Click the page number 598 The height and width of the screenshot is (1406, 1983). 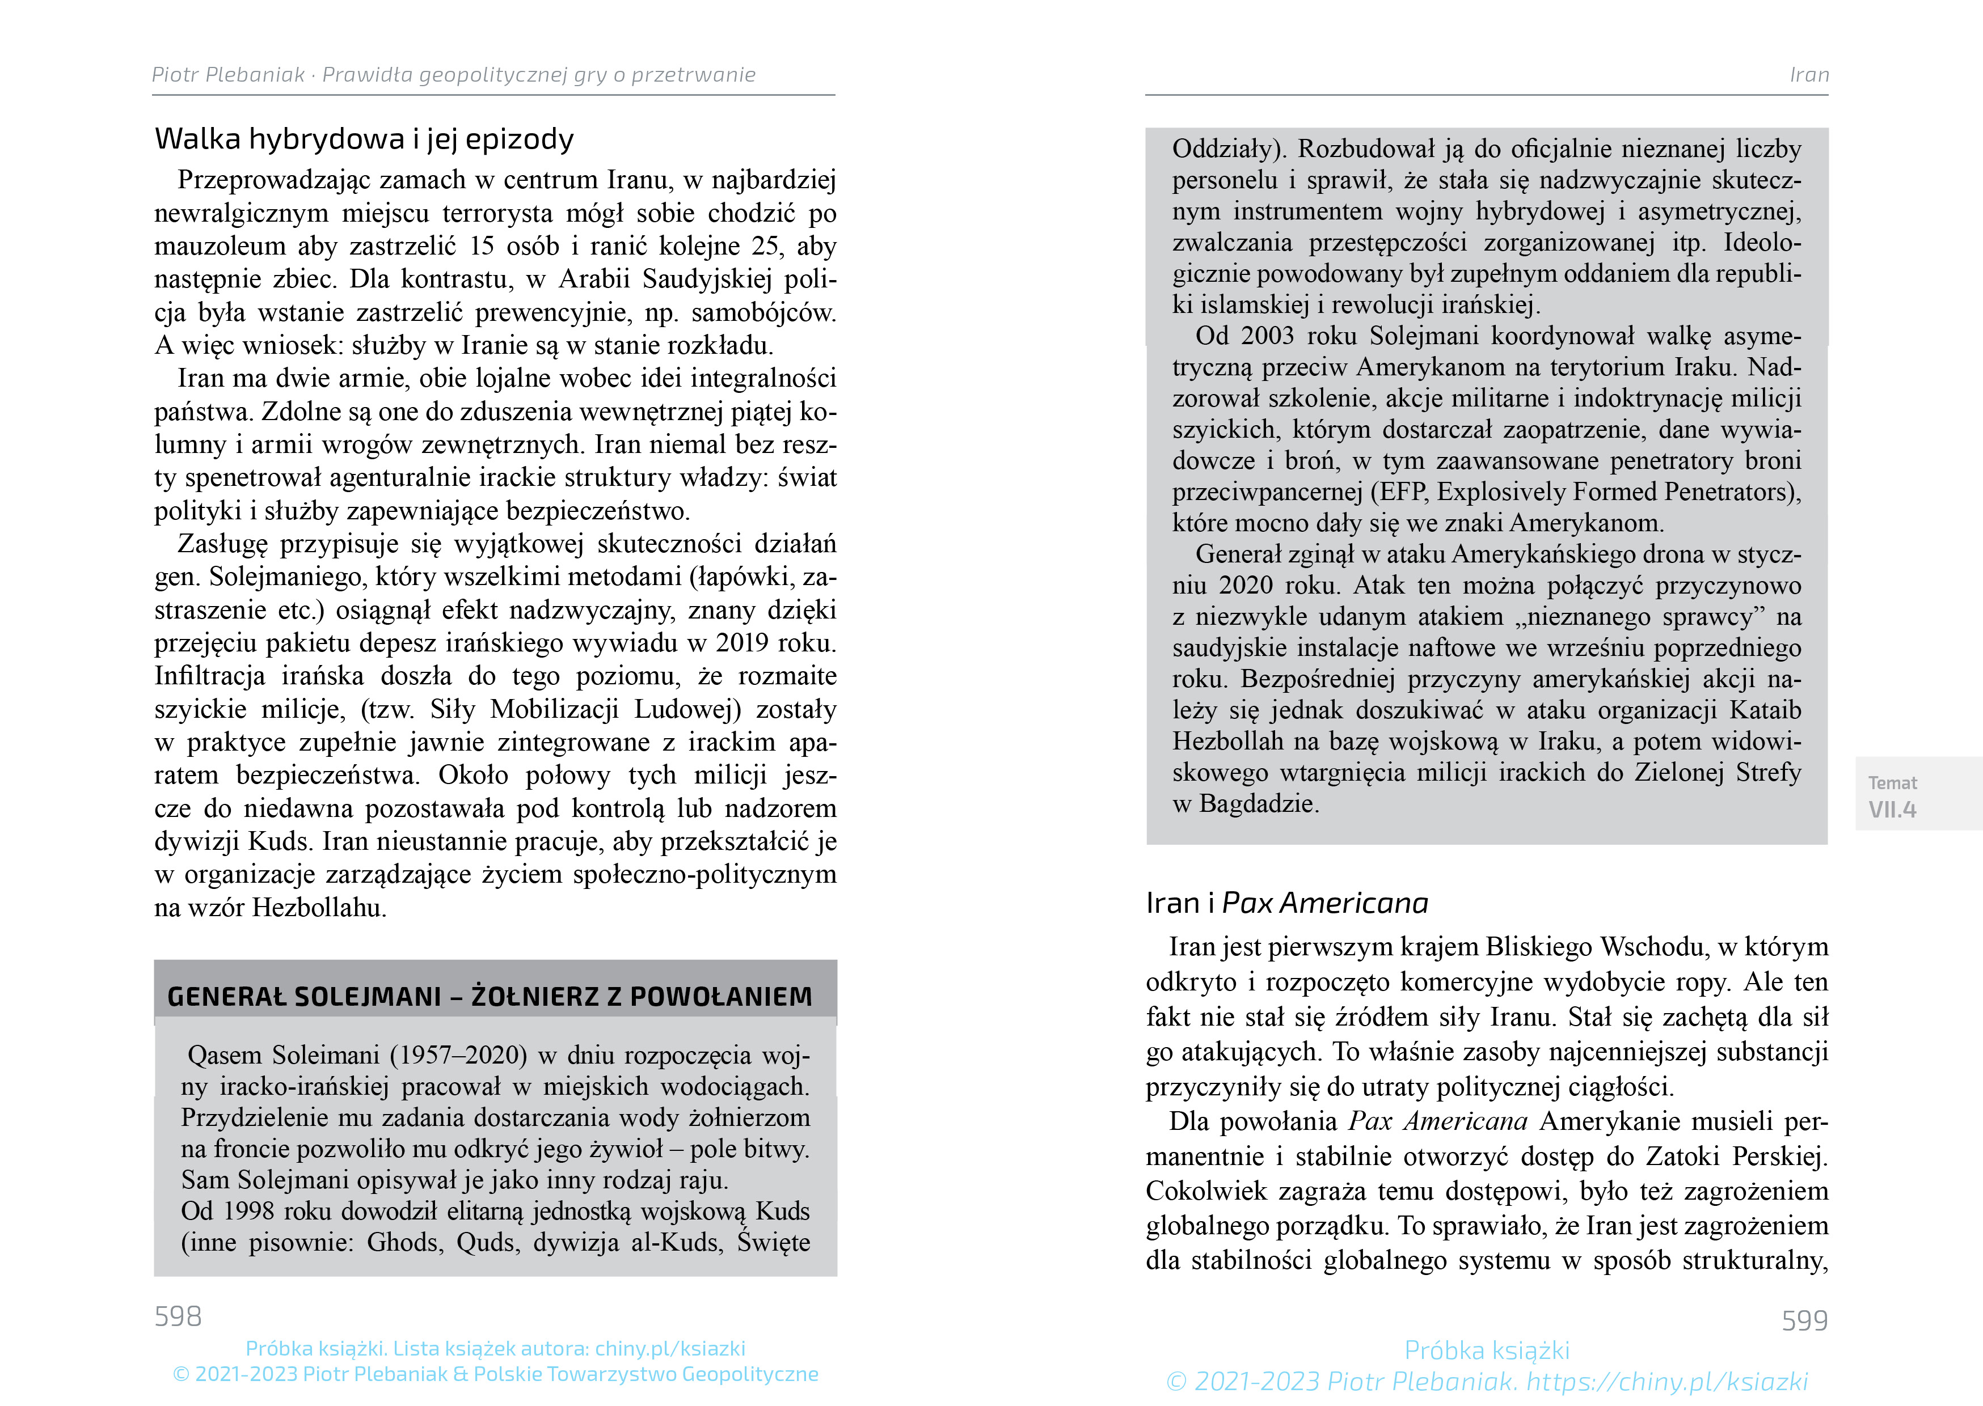(x=178, y=1316)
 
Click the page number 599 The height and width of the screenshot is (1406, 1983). (x=1805, y=1320)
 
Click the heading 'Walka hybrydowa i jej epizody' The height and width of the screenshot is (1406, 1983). (x=364, y=138)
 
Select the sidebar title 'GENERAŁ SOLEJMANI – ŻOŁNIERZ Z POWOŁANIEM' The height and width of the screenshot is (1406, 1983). (x=490, y=997)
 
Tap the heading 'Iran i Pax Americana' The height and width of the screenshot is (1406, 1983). (x=1287, y=903)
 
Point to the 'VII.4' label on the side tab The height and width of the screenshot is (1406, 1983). (x=1892, y=810)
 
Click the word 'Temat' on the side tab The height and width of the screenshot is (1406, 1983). (x=1892, y=782)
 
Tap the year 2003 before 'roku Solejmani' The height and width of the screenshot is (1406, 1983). (x=1267, y=336)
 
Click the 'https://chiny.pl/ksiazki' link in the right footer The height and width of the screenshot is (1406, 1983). (x=1667, y=1382)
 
